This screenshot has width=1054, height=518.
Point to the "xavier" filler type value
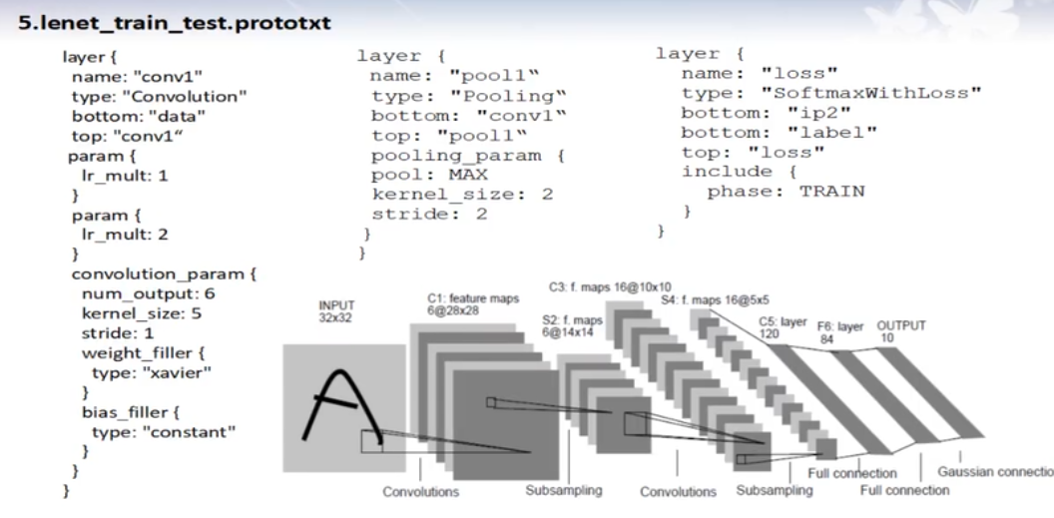pyautogui.click(x=179, y=372)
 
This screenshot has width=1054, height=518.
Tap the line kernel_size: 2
pyautogui.click(x=461, y=195)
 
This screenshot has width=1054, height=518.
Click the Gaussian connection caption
pyautogui.click(x=993, y=472)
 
